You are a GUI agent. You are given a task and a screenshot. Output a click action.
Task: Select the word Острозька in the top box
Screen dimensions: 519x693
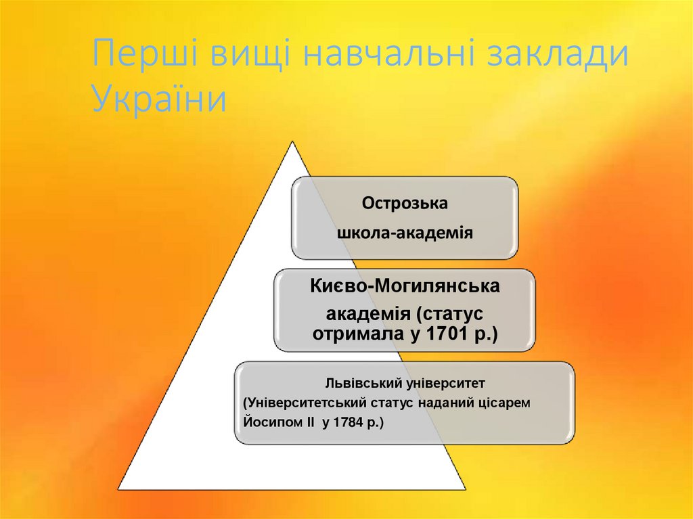coord(405,203)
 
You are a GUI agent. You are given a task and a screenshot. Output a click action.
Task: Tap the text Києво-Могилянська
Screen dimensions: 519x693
coord(405,286)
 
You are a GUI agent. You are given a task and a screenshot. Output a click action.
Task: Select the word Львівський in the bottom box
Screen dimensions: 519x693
coord(364,383)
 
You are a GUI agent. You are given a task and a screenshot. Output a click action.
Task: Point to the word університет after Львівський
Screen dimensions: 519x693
coord(446,383)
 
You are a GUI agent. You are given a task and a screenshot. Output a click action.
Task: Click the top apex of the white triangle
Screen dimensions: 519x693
coord(292,141)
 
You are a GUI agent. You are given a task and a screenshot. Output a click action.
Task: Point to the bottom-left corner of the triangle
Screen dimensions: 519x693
coord(119,489)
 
